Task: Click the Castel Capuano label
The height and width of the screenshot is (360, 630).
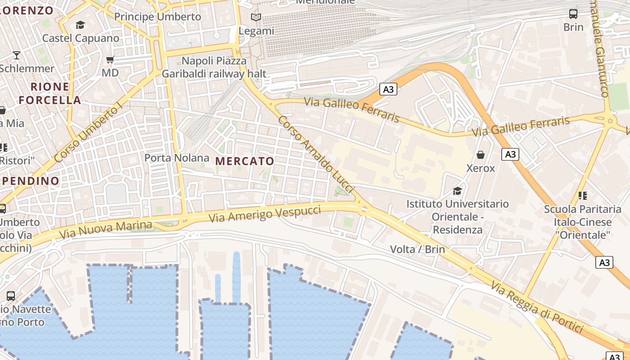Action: [81, 38]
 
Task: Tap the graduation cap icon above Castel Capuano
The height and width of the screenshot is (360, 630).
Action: [81, 25]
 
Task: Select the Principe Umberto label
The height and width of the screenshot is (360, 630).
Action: [157, 17]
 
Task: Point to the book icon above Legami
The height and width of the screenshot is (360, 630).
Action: [256, 18]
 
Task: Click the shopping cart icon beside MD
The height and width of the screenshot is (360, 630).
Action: [110, 59]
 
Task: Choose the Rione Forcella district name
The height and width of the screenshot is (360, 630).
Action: [50, 93]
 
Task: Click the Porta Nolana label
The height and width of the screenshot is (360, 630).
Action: [177, 158]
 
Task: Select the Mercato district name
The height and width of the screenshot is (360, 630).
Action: [245, 161]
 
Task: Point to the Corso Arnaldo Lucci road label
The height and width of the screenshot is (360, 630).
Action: [316, 154]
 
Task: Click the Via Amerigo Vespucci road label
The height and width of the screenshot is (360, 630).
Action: [265, 213]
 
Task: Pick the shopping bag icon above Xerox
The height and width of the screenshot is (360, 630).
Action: [481, 155]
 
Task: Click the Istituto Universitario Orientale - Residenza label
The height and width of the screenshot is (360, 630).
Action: [458, 216]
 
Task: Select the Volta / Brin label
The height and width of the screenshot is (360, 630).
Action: [417, 249]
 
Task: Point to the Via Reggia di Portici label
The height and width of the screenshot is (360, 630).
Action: [537, 307]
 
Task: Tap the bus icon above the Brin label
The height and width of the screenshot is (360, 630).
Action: [573, 14]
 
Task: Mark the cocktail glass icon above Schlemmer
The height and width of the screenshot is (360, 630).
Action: [17, 55]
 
